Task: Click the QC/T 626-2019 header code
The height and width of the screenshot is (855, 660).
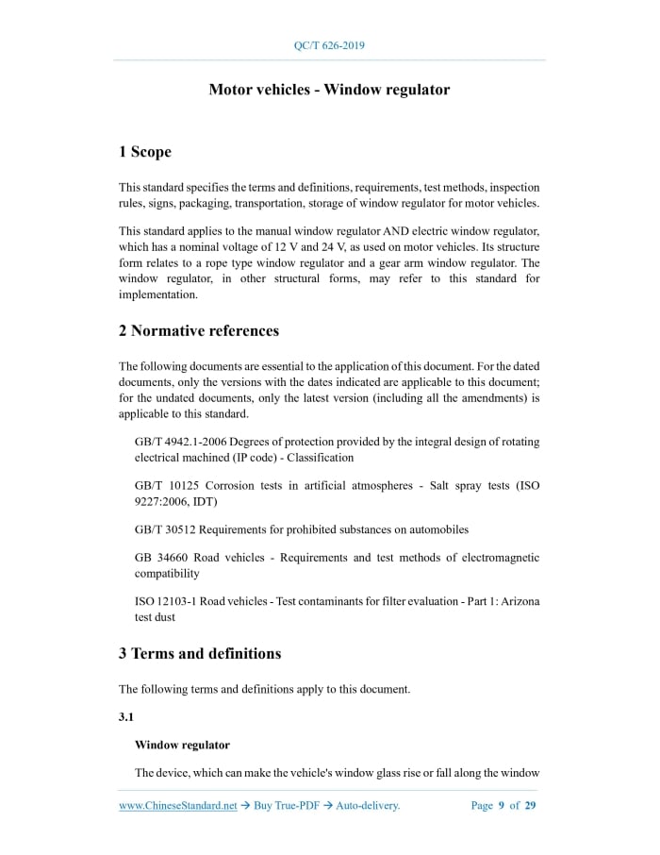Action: [329, 44]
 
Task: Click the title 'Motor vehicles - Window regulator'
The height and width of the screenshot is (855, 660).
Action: [329, 90]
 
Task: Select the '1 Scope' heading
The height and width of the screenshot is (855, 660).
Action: [144, 151]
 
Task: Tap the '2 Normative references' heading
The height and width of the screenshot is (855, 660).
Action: [198, 330]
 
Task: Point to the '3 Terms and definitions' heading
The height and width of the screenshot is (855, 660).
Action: [199, 653]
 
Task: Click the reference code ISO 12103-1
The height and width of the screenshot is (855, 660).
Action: [168, 601]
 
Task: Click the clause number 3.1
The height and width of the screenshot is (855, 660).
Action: [126, 717]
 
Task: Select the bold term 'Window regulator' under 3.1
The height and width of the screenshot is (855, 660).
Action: [182, 745]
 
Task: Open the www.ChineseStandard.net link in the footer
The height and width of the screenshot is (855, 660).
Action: [177, 805]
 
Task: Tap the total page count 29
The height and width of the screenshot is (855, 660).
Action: [531, 805]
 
